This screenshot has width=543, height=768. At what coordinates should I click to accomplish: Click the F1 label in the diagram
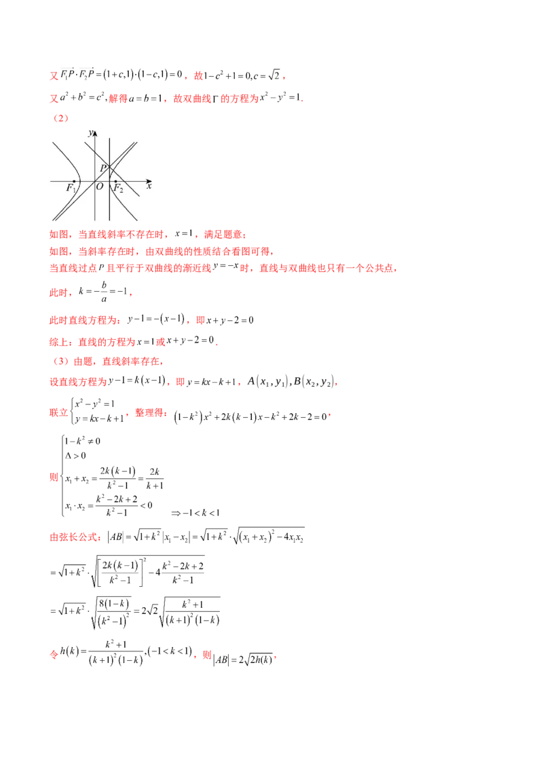[x=71, y=188]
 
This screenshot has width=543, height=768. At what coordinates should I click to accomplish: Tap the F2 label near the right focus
[x=117, y=188]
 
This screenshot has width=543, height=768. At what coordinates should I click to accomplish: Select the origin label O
[x=99, y=187]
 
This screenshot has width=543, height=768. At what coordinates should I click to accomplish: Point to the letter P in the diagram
[x=103, y=168]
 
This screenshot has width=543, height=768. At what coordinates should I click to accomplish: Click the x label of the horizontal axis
[x=149, y=185]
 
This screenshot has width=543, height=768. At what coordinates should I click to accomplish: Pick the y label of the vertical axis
[x=90, y=134]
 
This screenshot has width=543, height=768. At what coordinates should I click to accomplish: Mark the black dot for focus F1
[x=73, y=181]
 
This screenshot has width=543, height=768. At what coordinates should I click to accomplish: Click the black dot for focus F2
[x=115, y=181]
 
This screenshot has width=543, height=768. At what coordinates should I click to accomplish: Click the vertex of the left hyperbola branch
[x=79, y=181]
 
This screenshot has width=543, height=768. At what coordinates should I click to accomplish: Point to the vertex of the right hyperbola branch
[x=109, y=181]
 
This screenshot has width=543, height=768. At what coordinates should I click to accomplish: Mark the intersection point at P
[x=109, y=167]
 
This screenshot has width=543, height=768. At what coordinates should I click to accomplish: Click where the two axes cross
[x=94, y=181]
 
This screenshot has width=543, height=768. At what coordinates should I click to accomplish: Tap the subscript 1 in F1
[x=75, y=190]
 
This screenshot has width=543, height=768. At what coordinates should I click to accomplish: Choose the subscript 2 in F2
[x=121, y=190]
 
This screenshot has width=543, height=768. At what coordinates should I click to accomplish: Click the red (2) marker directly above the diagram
[x=61, y=119]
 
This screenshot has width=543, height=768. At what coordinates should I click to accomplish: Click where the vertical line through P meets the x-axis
[x=109, y=181]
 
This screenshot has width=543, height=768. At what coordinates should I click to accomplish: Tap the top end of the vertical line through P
[x=109, y=138]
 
